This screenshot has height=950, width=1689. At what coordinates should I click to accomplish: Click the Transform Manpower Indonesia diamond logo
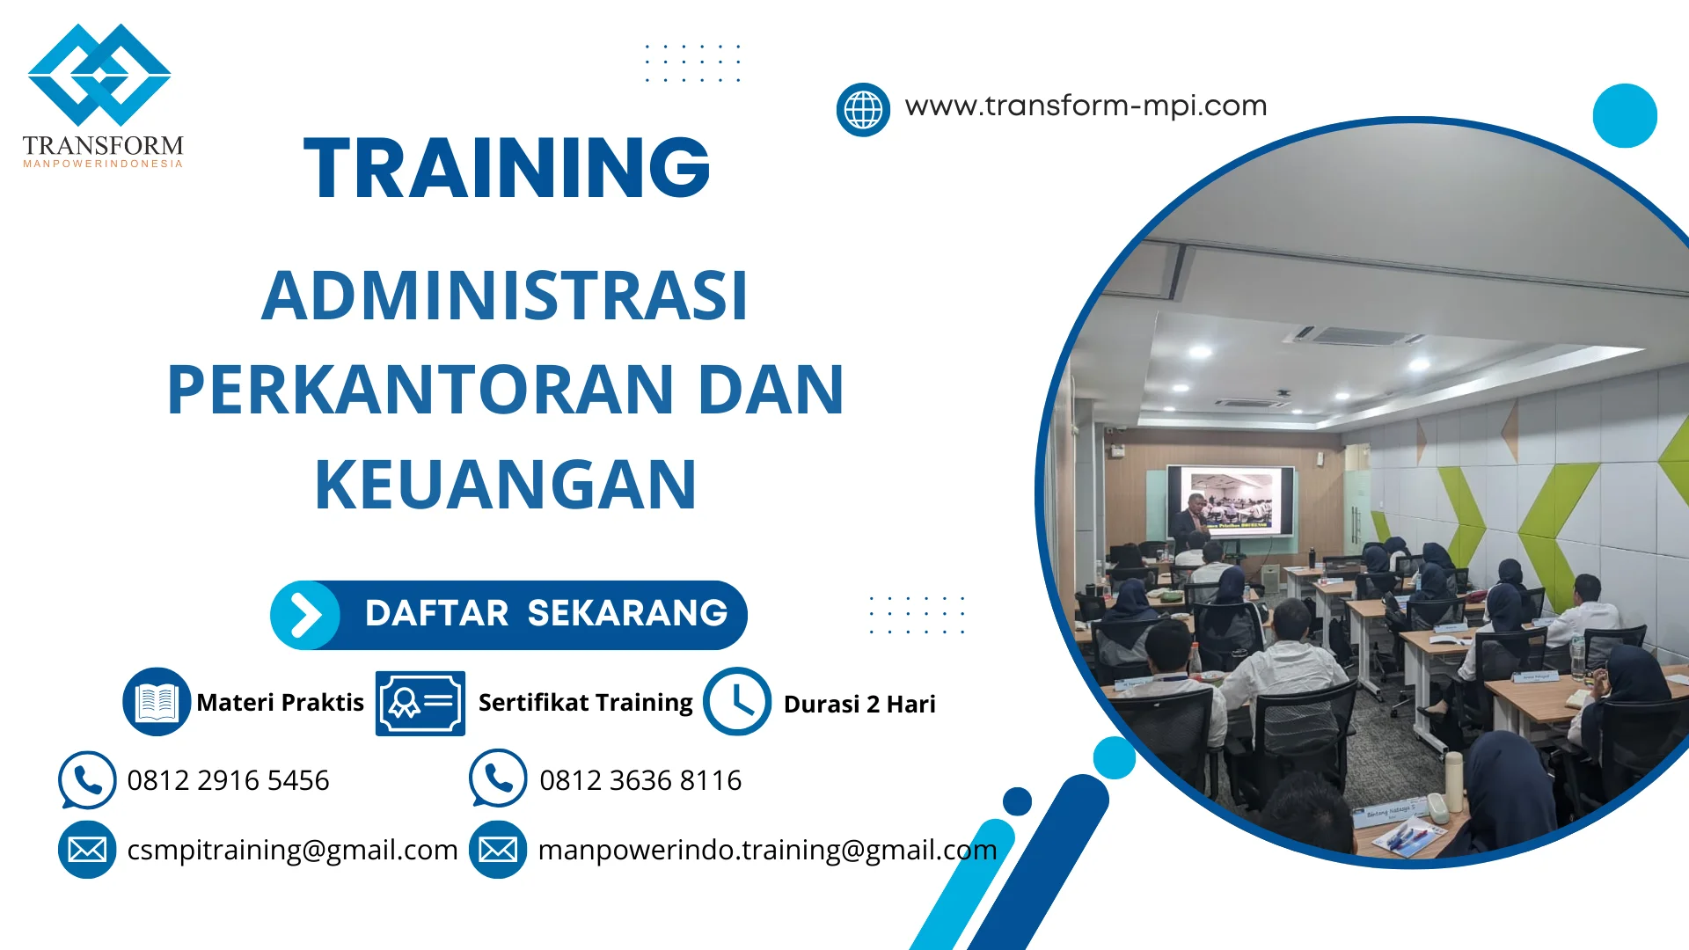pos(99,75)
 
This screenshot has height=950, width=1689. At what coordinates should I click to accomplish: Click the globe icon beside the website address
pos(863,110)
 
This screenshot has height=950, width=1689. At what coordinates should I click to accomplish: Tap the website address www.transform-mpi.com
pos(1086,106)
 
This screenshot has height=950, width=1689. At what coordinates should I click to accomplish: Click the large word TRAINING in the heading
pos(507,168)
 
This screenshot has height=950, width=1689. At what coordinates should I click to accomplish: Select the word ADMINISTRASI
pos(505,296)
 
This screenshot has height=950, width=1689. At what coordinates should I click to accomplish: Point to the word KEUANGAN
pos(506,485)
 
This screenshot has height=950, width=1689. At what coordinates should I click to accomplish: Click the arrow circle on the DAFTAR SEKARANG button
pos(305,615)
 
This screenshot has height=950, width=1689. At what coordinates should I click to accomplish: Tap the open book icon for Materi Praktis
pos(157,702)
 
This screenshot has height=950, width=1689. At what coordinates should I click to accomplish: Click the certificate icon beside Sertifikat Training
pos(420,703)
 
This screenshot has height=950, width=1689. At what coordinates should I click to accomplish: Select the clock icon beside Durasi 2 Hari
pos(737,702)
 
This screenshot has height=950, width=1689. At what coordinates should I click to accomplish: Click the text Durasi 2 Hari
pos(859,705)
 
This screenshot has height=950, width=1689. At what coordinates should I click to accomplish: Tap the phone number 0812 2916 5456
pos(228,780)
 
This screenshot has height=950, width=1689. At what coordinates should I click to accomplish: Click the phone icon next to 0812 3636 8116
pos(498,778)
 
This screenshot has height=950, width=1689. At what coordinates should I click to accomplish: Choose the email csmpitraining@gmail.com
pos(292,850)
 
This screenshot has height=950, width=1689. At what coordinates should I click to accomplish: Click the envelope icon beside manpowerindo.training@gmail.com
pos(498,850)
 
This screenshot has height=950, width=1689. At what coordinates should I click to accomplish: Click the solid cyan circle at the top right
pos(1625,115)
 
